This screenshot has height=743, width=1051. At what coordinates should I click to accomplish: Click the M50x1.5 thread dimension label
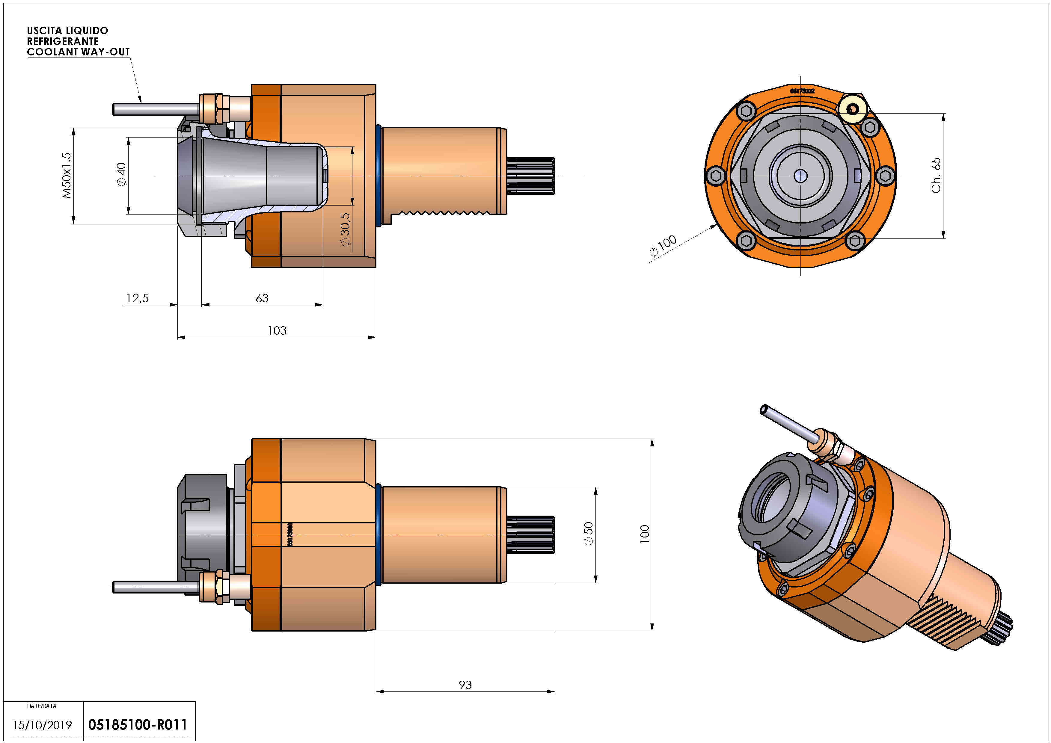(67, 175)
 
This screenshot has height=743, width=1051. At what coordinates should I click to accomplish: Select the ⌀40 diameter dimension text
(121, 174)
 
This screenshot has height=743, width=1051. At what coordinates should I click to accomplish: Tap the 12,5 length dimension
(137, 298)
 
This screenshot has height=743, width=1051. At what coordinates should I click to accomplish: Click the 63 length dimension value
(262, 298)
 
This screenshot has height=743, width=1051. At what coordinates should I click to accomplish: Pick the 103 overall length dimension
(277, 330)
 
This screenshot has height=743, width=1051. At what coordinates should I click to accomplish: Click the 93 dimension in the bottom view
(465, 685)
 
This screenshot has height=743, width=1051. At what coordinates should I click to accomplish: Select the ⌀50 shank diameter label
(588, 534)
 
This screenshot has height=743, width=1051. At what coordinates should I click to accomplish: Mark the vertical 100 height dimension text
(645, 534)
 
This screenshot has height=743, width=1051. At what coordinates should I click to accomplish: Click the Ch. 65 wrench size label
(936, 175)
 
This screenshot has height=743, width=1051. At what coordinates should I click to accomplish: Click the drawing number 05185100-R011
(137, 725)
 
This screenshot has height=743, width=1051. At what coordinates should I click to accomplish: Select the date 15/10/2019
(42, 725)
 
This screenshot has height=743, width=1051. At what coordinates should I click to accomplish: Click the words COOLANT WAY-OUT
(78, 52)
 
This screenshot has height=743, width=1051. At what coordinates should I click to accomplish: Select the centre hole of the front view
(800, 176)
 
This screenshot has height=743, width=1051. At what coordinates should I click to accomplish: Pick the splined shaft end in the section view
(531, 176)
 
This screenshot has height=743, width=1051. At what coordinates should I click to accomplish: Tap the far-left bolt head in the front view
(715, 175)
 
